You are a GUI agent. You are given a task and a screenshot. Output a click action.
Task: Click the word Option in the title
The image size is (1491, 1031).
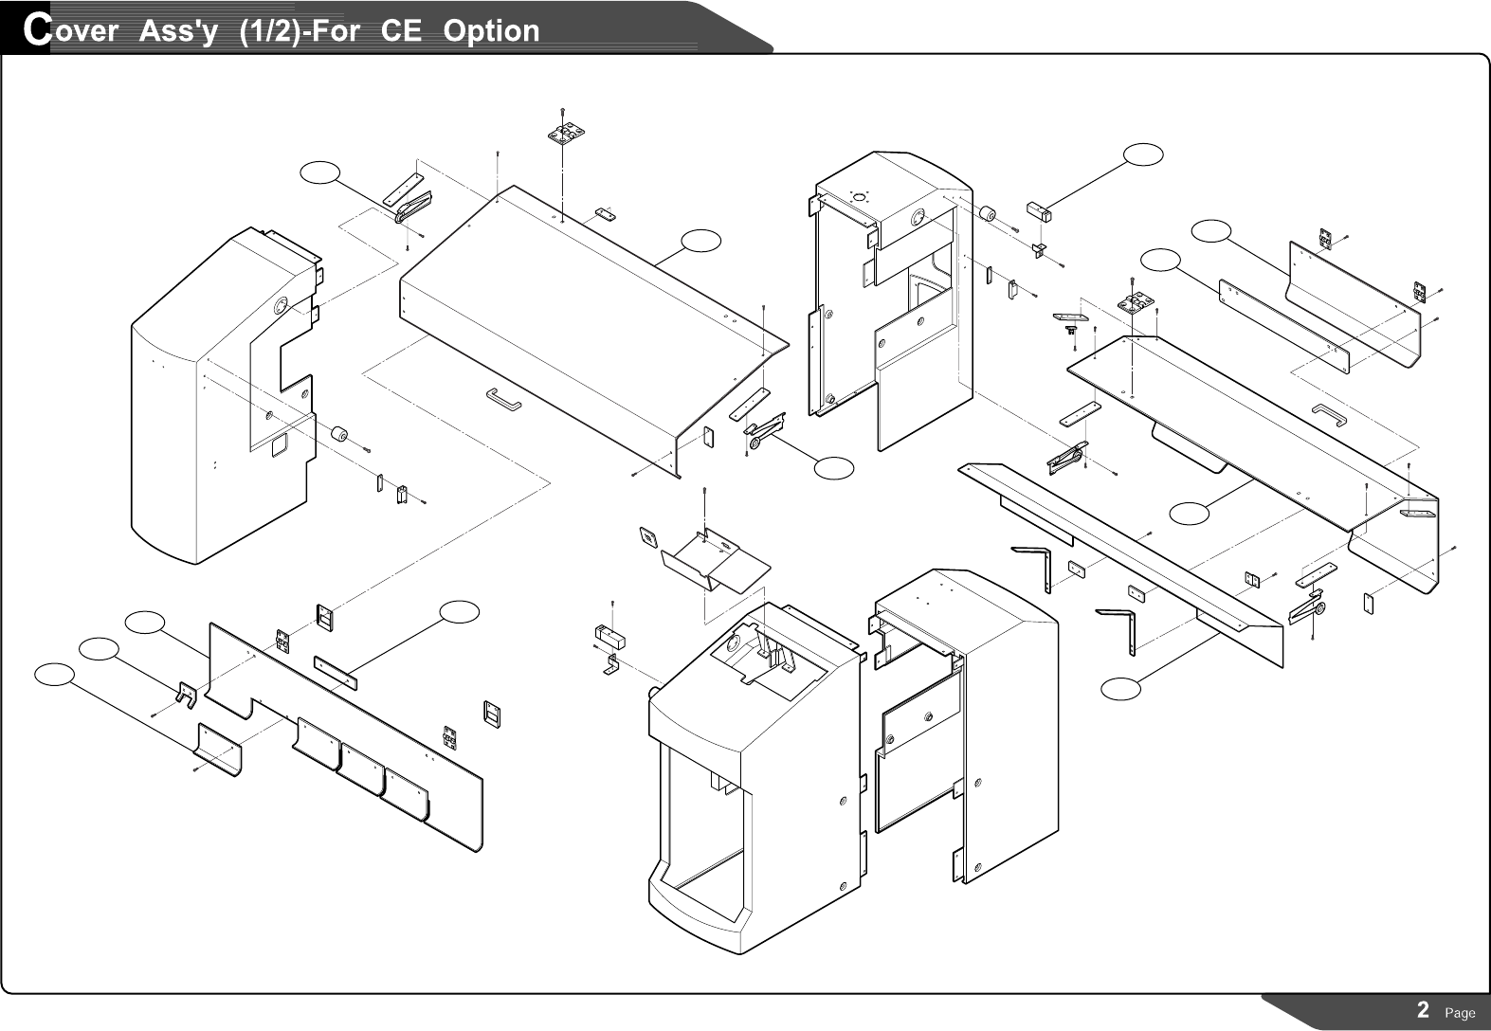(x=491, y=30)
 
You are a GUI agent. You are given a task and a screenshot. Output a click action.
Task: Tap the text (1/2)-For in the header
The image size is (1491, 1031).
(x=299, y=30)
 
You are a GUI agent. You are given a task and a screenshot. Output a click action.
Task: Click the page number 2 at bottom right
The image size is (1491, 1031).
(x=1423, y=1010)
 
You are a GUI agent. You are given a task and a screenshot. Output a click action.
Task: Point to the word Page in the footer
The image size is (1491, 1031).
(x=1460, y=1012)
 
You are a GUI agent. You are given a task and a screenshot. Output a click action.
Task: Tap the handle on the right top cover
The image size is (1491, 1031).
(x=1329, y=412)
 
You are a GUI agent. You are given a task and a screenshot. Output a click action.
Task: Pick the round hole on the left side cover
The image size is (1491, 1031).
(x=282, y=305)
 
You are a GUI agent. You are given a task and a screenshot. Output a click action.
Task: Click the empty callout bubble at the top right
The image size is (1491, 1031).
(x=1143, y=155)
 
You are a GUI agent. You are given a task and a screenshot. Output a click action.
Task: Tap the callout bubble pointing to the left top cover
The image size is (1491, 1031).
(x=700, y=241)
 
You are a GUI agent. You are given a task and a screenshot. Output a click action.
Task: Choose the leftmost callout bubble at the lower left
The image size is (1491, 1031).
(x=54, y=674)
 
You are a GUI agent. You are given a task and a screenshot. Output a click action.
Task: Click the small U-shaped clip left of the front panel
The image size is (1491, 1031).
(x=185, y=694)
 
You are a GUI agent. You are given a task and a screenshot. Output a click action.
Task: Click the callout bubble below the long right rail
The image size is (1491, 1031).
(x=1120, y=689)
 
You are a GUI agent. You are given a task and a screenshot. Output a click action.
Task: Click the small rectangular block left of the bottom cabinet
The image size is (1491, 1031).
(x=607, y=635)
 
